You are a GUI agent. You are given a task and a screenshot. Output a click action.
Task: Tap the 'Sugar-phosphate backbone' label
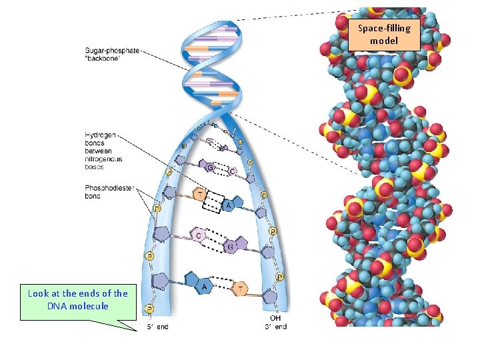pos(111,55)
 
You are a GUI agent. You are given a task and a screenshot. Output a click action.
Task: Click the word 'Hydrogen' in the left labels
pos(99,135)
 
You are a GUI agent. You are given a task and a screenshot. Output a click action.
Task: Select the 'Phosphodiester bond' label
pos(101,193)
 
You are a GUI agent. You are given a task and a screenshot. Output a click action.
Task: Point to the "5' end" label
pos(158,327)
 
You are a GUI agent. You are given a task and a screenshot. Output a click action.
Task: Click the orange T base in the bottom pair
pos(241,289)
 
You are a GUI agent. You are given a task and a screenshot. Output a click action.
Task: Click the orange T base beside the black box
pos(199,193)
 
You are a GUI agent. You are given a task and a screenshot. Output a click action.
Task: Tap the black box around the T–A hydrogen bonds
pos(212,201)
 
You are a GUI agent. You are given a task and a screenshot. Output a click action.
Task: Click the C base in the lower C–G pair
pos(199,235)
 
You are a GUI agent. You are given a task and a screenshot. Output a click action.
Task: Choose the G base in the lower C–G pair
pos(230,247)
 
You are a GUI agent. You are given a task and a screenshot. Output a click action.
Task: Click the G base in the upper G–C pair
pos(210,168)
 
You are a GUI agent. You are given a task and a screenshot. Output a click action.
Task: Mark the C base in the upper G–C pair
pos(231,171)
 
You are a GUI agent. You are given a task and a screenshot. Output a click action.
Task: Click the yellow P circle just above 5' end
pos(150,309)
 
